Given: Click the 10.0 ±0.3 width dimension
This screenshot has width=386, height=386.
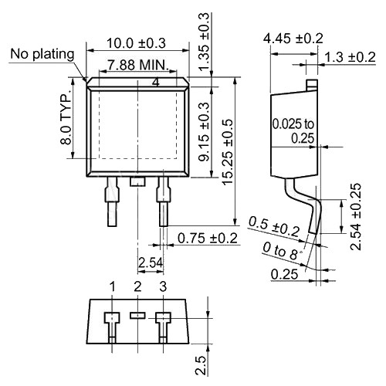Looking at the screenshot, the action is [x=136, y=43].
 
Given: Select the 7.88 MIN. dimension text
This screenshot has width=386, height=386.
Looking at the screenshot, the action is [x=138, y=65].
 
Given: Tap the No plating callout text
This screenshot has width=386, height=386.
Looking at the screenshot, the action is [x=42, y=54].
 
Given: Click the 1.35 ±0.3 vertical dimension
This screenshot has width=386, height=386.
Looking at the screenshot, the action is [x=204, y=41].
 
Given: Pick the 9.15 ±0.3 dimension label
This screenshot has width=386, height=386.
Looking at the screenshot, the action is [x=205, y=132].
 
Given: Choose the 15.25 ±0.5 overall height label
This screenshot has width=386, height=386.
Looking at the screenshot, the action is [x=228, y=152].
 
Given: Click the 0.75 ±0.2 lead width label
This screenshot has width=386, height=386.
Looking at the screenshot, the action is [x=208, y=239].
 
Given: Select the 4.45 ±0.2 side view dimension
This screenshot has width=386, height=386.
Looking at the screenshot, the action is [x=293, y=39].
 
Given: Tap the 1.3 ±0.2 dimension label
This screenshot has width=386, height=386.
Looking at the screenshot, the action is [x=350, y=57].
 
